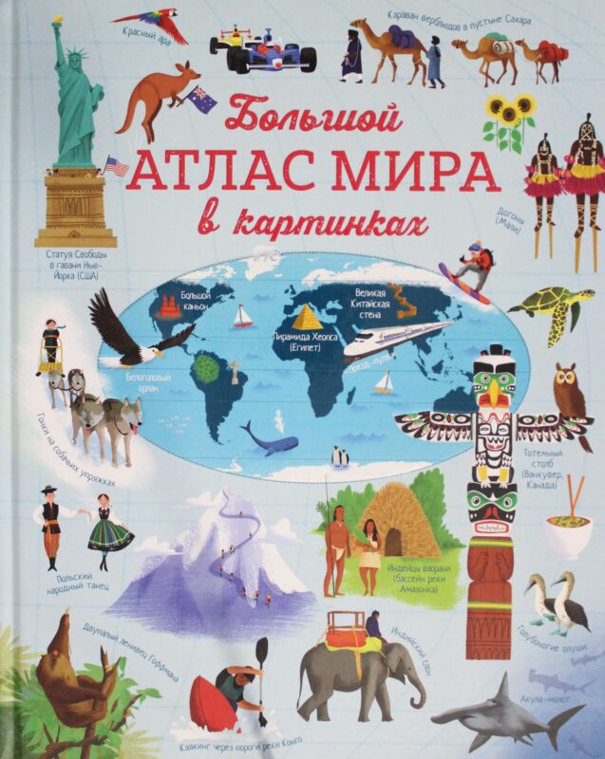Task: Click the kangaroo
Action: click(x=161, y=95)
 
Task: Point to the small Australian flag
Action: click(x=201, y=99)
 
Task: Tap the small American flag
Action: click(x=117, y=168)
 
